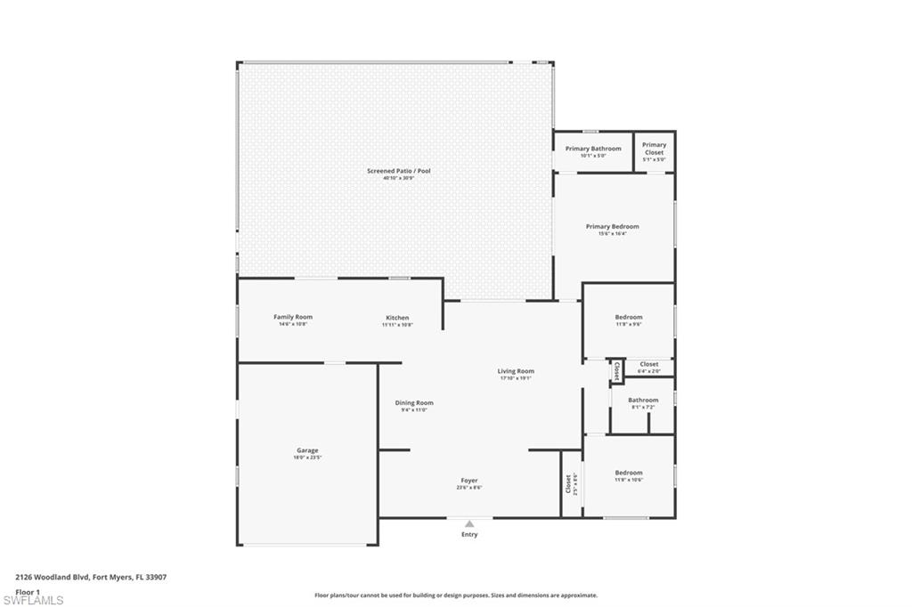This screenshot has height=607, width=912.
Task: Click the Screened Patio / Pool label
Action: click(x=393, y=171)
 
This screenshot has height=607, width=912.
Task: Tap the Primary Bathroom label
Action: click(x=593, y=149)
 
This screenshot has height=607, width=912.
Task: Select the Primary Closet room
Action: click(x=654, y=149)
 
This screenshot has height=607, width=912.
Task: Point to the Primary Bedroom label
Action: click(x=612, y=227)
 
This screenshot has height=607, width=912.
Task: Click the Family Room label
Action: click(x=293, y=318)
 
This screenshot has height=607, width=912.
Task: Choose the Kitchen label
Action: click(x=397, y=318)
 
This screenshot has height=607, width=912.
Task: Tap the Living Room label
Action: click(x=516, y=371)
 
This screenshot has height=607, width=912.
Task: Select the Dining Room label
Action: click(x=414, y=403)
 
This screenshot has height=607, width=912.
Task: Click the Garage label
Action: click(x=307, y=451)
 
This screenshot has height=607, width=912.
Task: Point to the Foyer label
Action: click(x=469, y=481)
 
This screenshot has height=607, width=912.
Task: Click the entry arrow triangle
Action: click(x=469, y=524)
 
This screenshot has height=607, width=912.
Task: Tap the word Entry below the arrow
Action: click(x=469, y=535)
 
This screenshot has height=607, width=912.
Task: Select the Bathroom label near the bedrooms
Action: click(x=644, y=401)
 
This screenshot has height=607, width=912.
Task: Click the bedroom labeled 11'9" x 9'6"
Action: click(x=628, y=318)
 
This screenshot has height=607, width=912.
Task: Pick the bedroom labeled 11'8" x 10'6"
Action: click(x=628, y=473)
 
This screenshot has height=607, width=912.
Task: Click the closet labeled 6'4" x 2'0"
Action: click(x=649, y=364)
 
